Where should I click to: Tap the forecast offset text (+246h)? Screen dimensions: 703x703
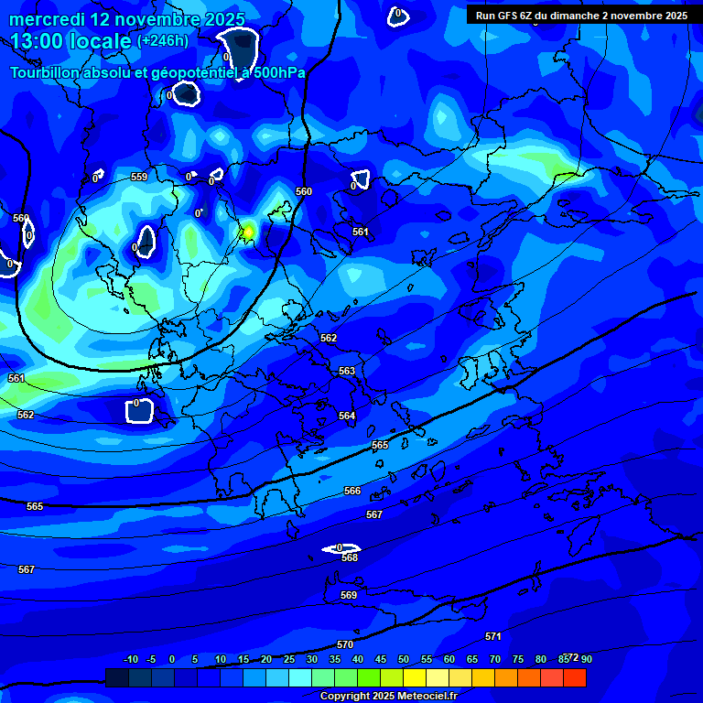click(x=163, y=40)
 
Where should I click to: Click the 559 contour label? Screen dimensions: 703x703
click(x=139, y=177)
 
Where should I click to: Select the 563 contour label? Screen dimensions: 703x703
click(x=347, y=371)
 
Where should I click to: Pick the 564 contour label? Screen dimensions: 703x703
click(x=347, y=416)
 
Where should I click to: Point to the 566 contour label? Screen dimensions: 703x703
click(x=352, y=492)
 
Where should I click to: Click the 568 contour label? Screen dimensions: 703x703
click(x=350, y=557)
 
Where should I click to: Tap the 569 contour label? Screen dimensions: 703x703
click(x=349, y=595)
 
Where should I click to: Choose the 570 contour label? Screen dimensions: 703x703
click(x=345, y=644)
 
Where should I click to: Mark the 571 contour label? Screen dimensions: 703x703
click(x=493, y=636)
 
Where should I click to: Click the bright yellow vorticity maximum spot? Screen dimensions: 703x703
click(x=247, y=232)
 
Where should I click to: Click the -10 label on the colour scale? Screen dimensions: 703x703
click(x=130, y=659)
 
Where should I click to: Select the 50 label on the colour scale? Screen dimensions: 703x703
click(x=404, y=659)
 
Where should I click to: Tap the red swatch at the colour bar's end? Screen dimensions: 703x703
click(x=574, y=677)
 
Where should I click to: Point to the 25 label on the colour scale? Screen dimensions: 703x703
click(x=289, y=659)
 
